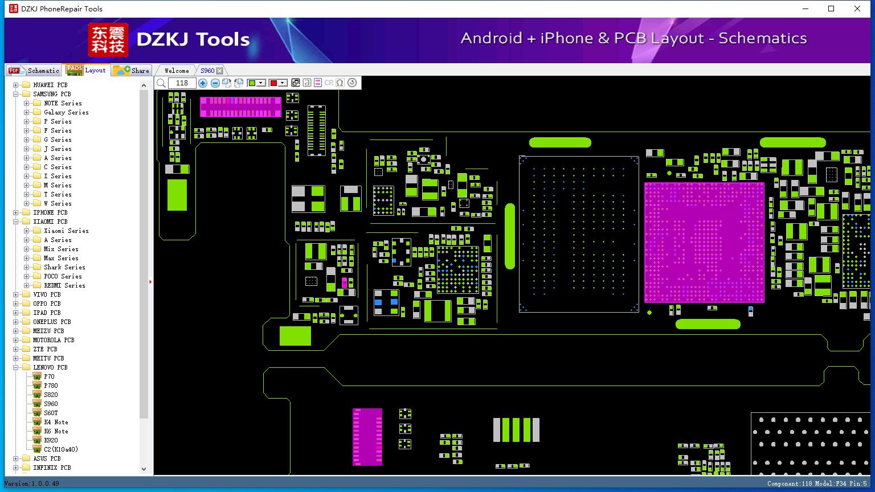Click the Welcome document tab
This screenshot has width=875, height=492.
pos(177,71)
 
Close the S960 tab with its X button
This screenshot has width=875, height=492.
pos(220,71)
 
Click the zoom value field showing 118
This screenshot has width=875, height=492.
pos(182,83)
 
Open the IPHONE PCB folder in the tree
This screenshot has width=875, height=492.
pos(50,212)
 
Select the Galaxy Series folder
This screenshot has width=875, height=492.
pos(66,112)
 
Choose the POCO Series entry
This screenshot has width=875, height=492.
pos(63,276)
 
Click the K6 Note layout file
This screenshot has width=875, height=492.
pos(56,431)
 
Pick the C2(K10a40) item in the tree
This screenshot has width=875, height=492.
pos(61,449)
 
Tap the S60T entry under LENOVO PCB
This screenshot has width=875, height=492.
pos(51,413)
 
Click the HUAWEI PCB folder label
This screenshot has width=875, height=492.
pos(50,85)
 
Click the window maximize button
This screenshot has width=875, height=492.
pos(831,9)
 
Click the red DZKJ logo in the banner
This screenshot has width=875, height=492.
pos(108,39)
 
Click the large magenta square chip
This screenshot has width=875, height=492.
pos(704,242)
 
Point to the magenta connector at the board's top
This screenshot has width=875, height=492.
pos(240,107)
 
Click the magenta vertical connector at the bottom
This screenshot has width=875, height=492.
pos(367,437)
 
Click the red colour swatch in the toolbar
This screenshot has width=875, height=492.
pos(274,83)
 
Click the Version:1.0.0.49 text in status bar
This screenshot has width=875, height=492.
pos(32,483)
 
